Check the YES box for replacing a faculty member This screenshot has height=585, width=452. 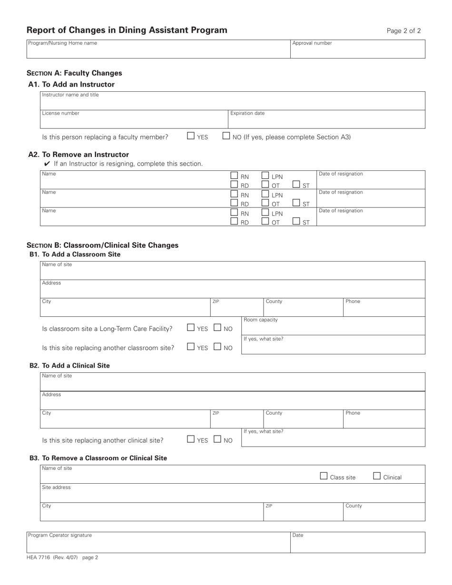pyautogui.click(x=191, y=136)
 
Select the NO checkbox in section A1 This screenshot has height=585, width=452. pyautogui.click(x=226, y=136)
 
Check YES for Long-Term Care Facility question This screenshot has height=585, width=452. pyautogui.click(x=191, y=328)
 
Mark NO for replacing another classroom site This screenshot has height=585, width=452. pyautogui.click(x=217, y=347)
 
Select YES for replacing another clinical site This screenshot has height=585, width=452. pyautogui.click(x=191, y=439)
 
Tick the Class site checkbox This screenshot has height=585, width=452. pyautogui.click(x=324, y=476)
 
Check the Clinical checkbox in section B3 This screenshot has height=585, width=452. pyautogui.click(x=377, y=476)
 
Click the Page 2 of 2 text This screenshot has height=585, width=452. pyautogui.click(x=403, y=31)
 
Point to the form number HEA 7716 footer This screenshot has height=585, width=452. pyautogui.click(x=62, y=557)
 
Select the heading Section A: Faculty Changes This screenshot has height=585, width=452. pyautogui.click(x=74, y=73)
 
